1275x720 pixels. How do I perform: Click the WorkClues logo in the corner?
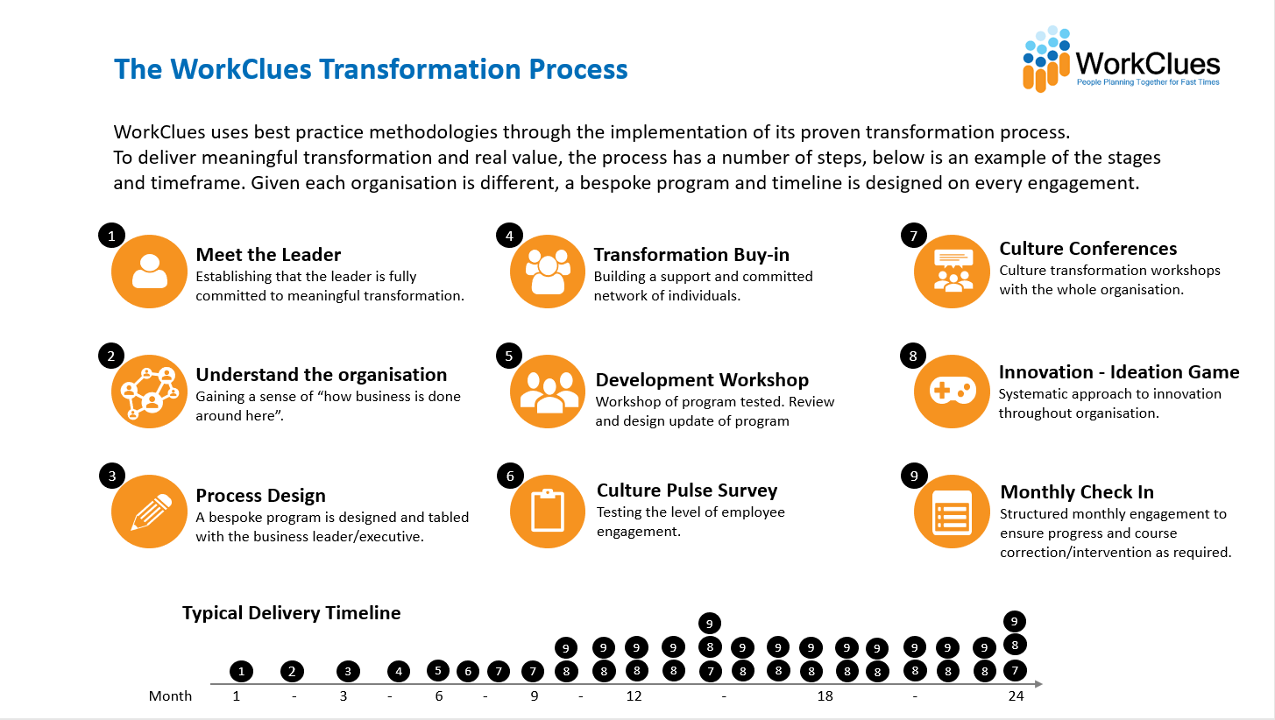click(x=1121, y=60)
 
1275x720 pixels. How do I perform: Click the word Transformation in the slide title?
click(x=419, y=69)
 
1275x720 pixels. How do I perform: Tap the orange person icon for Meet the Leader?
click(x=149, y=272)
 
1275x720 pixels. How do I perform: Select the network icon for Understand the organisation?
click(x=149, y=392)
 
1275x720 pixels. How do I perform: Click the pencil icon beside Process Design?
click(x=149, y=512)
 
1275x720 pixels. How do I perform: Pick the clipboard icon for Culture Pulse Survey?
click(x=548, y=512)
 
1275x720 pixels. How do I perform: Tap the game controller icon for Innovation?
click(x=952, y=392)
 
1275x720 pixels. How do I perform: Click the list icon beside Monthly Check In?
click(x=952, y=512)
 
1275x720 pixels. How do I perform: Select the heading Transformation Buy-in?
click(x=691, y=254)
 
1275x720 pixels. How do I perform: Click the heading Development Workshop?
click(x=702, y=379)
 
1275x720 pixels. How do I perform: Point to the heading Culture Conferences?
click(x=1087, y=248)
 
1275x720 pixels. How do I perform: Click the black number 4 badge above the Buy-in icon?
click(x=509, y=236)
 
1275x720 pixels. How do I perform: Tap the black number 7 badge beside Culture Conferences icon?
click(x=914, y=236)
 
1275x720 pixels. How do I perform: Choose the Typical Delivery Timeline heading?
click(x=292, y=612)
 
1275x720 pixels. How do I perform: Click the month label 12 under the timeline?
click(x=634, y=696)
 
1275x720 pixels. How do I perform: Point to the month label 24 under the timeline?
click(x=1016, y=696)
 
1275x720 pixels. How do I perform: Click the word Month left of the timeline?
click(x=170, y=696)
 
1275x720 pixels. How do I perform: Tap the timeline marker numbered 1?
click(x=241, y=672)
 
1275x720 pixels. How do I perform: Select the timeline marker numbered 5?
click(x=438, y=670)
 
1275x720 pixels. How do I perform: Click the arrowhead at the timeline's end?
click(x=1038, y=683)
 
